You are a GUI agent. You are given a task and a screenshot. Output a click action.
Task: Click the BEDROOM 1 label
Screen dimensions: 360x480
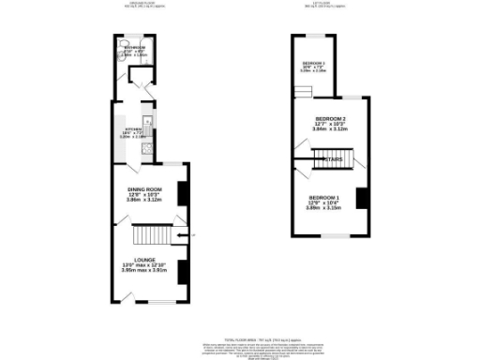point(325,197)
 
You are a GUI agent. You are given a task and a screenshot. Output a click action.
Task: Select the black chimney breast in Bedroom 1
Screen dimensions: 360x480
point(360,199)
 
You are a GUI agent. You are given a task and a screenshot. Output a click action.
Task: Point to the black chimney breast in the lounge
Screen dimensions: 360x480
point(183,271)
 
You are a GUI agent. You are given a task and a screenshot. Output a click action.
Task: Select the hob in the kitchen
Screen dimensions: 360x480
point(145,148)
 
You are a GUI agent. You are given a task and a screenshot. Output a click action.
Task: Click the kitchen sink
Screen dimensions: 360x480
point(146,121)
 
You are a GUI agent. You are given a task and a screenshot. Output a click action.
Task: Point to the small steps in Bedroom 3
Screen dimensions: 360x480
point(302,90)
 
